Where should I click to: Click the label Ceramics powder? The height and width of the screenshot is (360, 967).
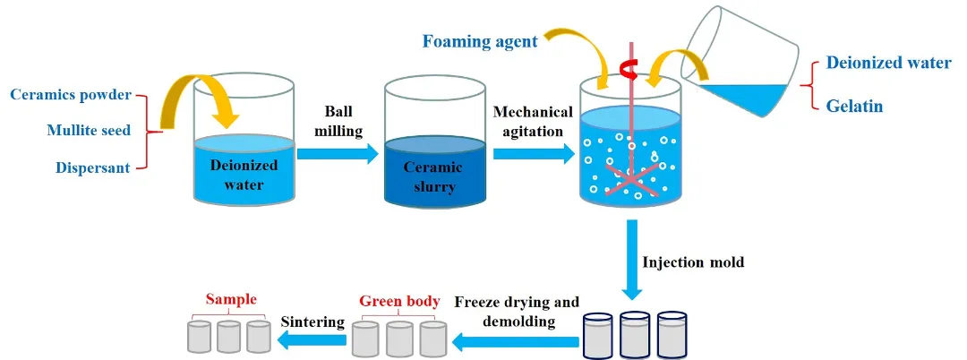coord(71,95)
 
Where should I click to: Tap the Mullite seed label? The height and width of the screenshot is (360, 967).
coord(89,131)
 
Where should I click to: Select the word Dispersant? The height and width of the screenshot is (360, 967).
coord(93,167)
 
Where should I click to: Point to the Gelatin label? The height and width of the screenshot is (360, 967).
coord(854,107)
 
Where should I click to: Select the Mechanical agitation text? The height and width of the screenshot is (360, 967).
coord(534,121)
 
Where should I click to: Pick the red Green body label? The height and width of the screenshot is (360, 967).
coord(399,301)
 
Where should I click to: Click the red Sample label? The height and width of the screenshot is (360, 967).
coord(231,299)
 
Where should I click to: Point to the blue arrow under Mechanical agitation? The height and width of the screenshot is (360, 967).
coord(534,154)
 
